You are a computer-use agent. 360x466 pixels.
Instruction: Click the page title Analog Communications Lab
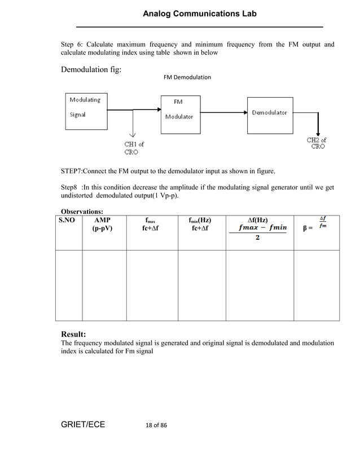(200, 14)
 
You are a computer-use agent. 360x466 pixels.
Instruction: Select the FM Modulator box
(181, 113)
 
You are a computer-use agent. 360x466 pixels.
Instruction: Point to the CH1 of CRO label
(134, 148)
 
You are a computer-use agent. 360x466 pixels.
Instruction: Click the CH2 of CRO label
(317, 143)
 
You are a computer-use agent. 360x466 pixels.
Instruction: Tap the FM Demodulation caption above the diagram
(187, 77)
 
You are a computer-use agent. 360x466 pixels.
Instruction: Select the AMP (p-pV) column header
(103, 224)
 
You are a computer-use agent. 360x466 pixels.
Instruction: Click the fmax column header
(151, 224)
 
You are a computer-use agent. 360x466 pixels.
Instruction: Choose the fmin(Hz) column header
(201, 224)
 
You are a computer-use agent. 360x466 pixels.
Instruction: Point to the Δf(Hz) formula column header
(258, 228)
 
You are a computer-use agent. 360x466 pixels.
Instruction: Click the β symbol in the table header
(305, 228)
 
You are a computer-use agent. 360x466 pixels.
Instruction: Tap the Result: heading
(77, 334)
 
